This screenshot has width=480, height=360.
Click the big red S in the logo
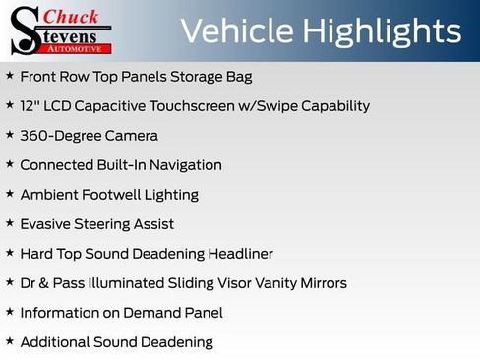(25, 30)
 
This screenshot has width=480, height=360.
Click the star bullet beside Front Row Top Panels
(9, 76)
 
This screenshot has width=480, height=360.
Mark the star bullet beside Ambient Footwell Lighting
(9, 194)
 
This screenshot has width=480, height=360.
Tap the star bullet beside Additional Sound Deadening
(9, 341)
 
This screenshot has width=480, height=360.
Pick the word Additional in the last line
(55, 341)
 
